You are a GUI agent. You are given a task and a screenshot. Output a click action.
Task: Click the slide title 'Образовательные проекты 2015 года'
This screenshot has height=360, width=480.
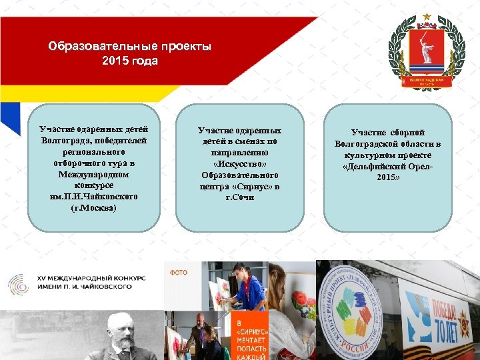pos(130,54)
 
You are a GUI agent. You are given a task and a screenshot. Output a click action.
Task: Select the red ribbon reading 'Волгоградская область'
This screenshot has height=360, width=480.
pos(426,81)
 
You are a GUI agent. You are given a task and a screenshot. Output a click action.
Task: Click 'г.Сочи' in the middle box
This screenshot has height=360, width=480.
pos(240,198)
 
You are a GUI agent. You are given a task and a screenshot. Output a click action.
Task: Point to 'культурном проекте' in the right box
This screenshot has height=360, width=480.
pos(387,155)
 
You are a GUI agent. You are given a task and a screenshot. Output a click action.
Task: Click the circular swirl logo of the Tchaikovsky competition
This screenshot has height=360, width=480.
pos(18,283)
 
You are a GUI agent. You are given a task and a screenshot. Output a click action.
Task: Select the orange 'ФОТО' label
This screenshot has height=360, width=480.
pos(179,272)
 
